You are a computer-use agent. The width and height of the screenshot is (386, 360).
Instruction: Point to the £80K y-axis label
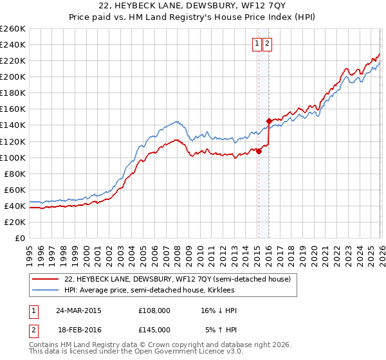point(14,174)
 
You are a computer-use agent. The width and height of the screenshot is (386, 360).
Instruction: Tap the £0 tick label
point(19,238)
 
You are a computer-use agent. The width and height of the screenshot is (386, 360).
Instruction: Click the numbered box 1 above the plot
point(257,44)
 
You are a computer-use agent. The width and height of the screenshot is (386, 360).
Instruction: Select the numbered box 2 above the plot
point(267,44)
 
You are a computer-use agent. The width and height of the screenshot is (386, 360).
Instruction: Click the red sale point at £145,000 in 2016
point(268,121)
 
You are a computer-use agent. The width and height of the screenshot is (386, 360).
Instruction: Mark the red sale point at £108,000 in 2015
point(258,150)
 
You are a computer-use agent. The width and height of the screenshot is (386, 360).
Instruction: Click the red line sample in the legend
point(45,279)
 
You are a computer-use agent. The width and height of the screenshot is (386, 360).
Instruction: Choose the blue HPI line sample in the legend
point(45,290)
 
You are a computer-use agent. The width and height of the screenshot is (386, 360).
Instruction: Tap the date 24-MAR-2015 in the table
point(78,310)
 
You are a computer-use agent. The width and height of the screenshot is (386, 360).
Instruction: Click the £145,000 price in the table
point(154,329)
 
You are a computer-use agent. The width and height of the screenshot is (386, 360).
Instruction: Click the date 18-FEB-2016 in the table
point(78,329)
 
